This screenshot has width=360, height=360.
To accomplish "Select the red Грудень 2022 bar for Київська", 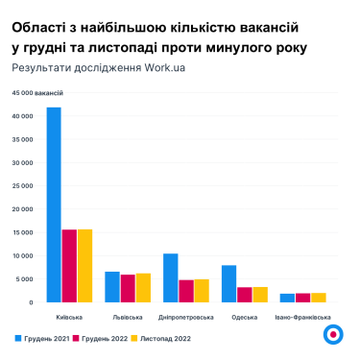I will (69, 266).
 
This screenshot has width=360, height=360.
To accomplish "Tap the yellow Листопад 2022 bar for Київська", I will (84, 266).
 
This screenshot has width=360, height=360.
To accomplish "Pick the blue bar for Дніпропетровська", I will (170, 278).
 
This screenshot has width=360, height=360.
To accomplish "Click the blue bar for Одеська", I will (228, 284).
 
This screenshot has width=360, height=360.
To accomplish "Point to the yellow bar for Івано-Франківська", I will (318, 298).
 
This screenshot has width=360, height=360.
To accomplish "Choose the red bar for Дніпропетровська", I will (186, 291).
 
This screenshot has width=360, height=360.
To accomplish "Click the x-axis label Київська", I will (69, 317).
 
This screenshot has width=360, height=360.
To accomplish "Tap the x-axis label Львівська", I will (127, 317).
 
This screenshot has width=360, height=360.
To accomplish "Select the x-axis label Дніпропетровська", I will (185, 317).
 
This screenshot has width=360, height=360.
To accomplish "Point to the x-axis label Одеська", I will (244, 317).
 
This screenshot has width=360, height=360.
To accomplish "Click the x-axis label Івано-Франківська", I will (302, 317).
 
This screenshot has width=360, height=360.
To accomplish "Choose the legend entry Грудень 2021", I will (43, 339).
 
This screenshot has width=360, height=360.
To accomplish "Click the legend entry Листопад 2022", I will (174, 339).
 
